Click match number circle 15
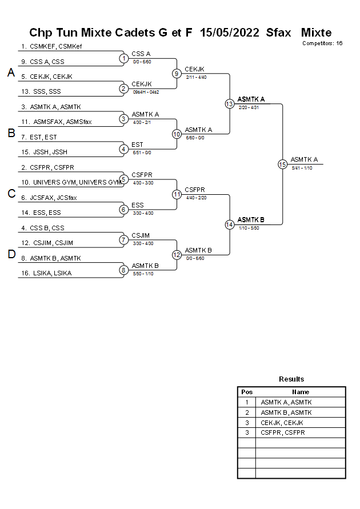(282, 164)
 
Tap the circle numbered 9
(177, 73)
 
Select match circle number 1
(123, 58)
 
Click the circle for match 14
(229, 225)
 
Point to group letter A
(11, 73)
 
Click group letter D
(11, 254)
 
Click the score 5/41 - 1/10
(302, 168)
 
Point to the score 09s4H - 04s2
(146, 91)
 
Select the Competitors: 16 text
(322, 43)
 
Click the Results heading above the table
(291, 379)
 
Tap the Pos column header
(247, 392)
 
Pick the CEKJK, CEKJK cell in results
(282, 423)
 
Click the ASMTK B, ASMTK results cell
(286, 412)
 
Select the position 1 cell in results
(247, 402)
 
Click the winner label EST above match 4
(137, 145)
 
